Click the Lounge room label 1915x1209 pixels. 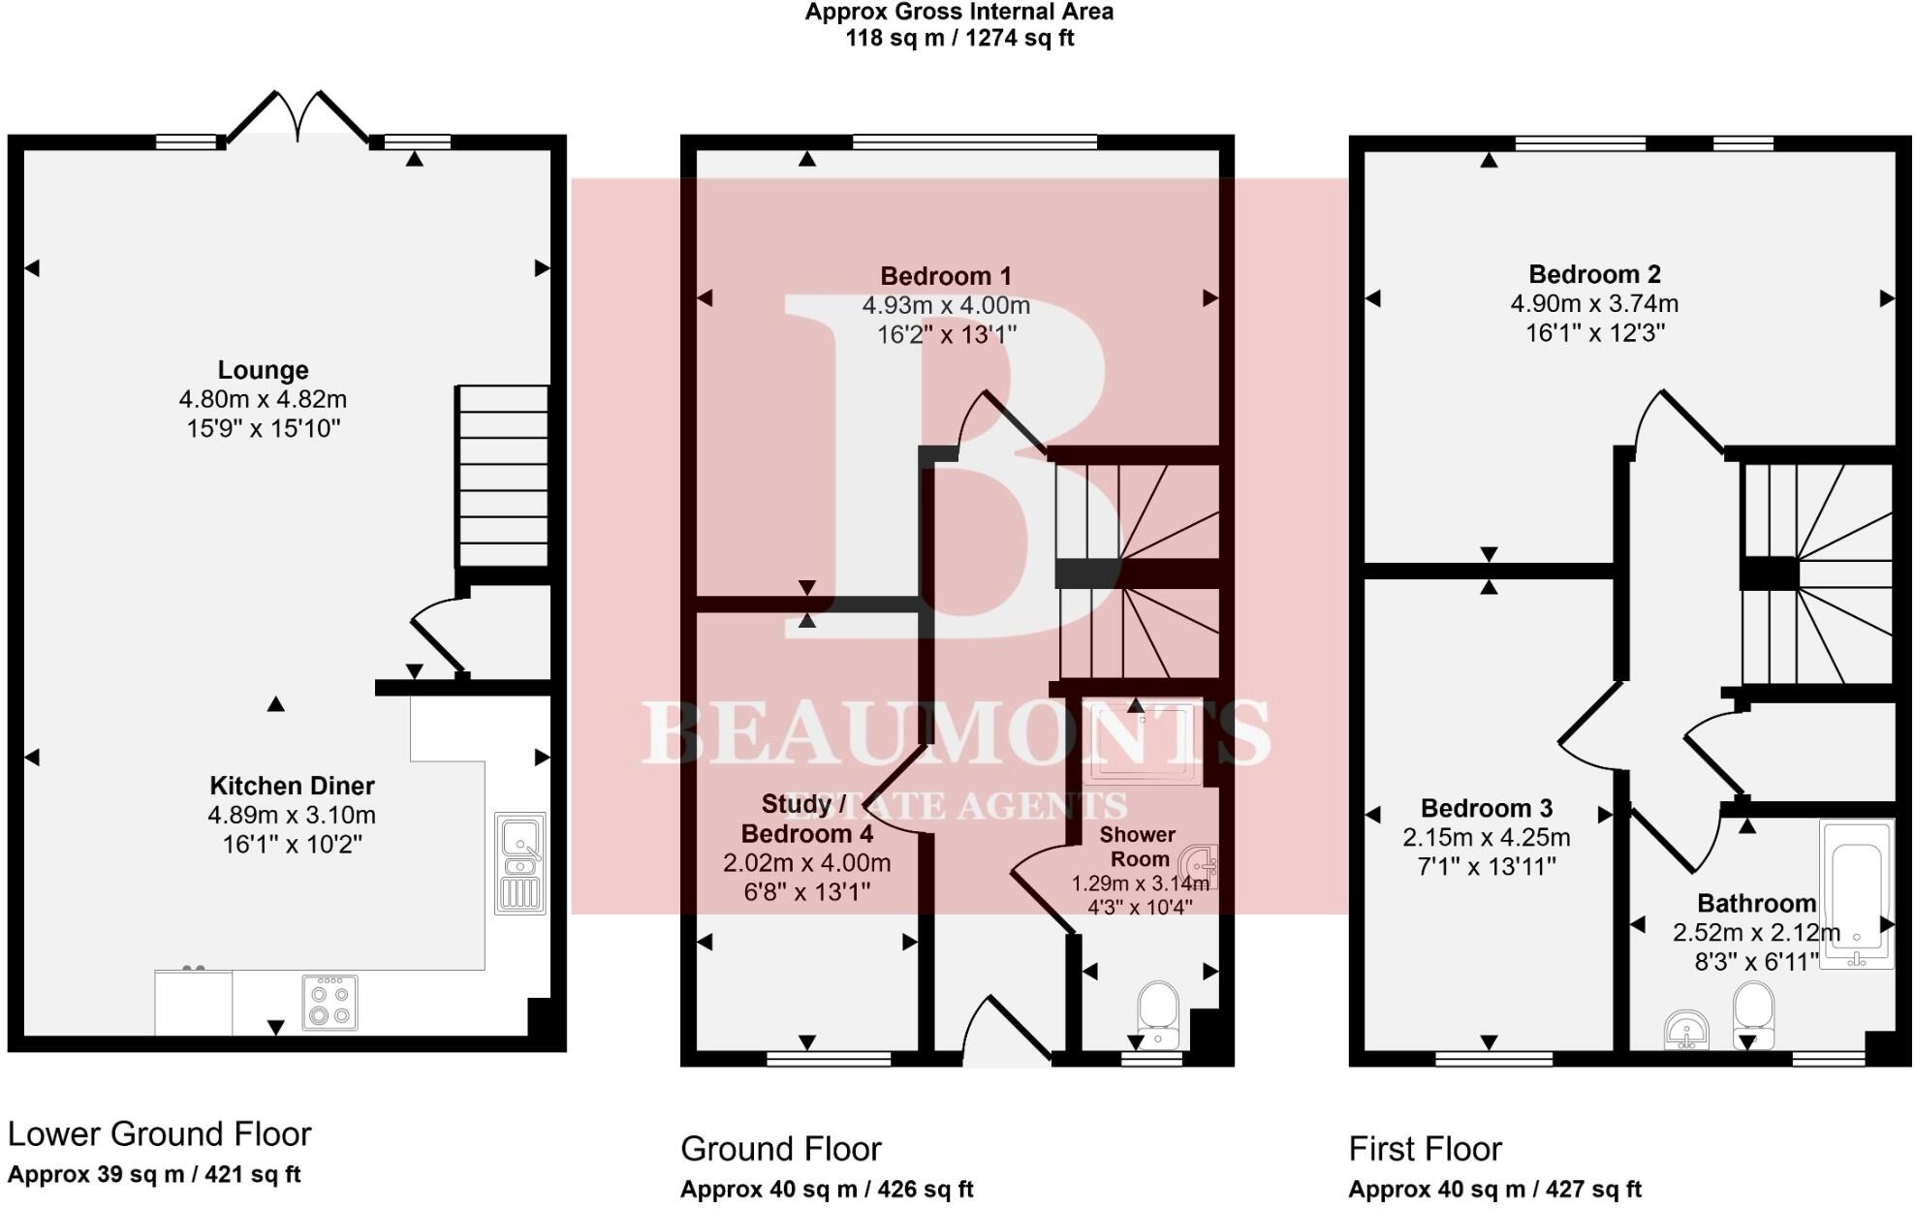click(263, 370)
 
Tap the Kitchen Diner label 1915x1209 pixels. click(292, 786)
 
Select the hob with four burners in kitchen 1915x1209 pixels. click(330, 1003)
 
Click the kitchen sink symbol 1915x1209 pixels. click(520, 863)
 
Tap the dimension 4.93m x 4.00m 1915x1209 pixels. click(946, 306)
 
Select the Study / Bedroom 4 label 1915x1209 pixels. click(805, 819)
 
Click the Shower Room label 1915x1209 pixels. click(1139, 847)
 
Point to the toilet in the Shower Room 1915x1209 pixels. click(1157, 1015)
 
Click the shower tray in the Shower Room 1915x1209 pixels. click(1144, 743)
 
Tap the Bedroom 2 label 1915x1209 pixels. click(1594, 274)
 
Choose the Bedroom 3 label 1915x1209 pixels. click(1486, 808)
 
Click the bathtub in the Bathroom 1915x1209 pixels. click(1855, 893)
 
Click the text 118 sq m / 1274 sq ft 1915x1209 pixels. click(959, 39)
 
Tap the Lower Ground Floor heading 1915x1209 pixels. click(159, 1133)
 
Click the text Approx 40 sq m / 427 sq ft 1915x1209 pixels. click(1494, 1189)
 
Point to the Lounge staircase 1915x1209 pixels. click(503, 476)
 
